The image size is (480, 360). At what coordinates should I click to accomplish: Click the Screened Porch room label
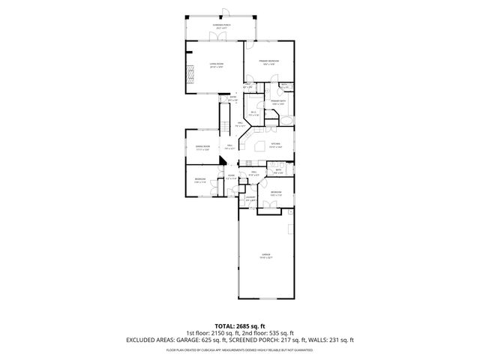point(220,25)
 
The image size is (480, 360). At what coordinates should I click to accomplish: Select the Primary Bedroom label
point(268,62)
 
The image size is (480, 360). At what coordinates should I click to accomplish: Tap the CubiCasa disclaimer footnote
point(240,349)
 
